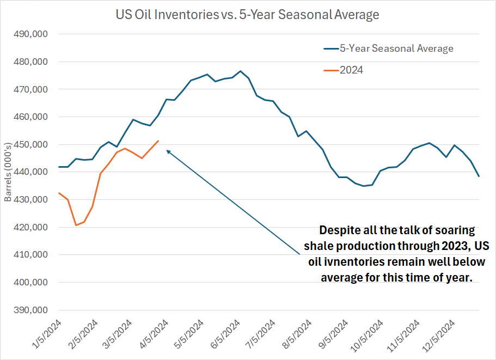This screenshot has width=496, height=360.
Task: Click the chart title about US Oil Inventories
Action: (x=248, y=15)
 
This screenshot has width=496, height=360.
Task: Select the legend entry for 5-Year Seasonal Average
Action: (x=396, y=48)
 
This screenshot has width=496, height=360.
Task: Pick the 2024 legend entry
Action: (x=351, y=70)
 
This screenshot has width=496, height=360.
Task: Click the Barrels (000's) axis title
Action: (x=8, y=172)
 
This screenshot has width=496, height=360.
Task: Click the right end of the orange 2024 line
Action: (x=158, y=141)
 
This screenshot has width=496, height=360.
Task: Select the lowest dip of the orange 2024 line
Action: (x=76, y=225)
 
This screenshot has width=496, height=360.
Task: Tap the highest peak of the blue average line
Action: (x=240, y=71)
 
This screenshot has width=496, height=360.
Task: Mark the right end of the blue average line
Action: (x=479, y=176)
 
